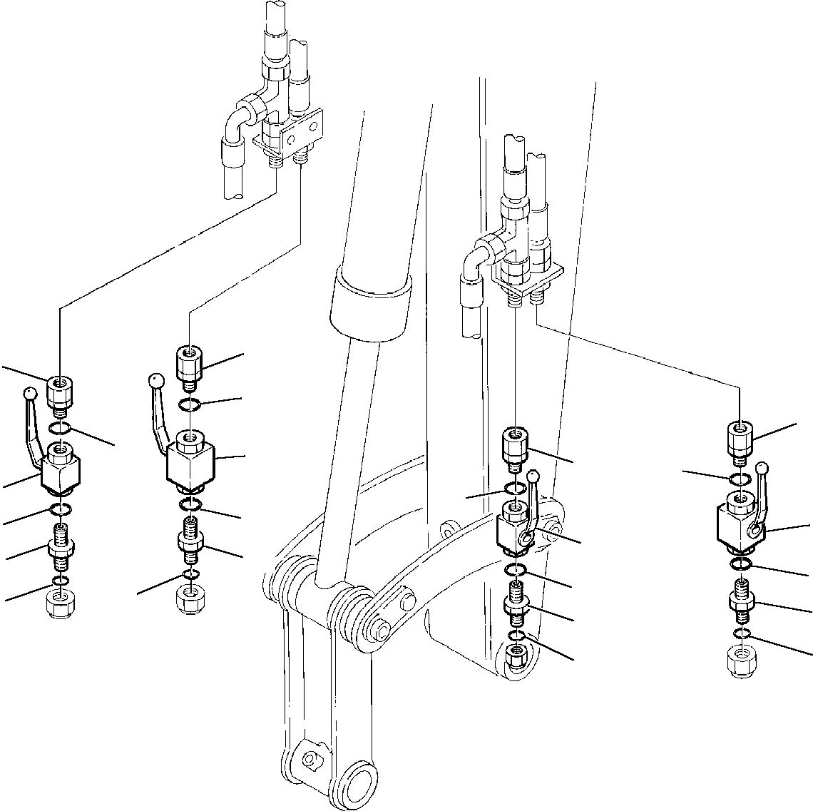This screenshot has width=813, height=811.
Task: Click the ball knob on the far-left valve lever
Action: (29, 392)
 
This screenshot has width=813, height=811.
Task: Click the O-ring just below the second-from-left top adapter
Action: (188, 406)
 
